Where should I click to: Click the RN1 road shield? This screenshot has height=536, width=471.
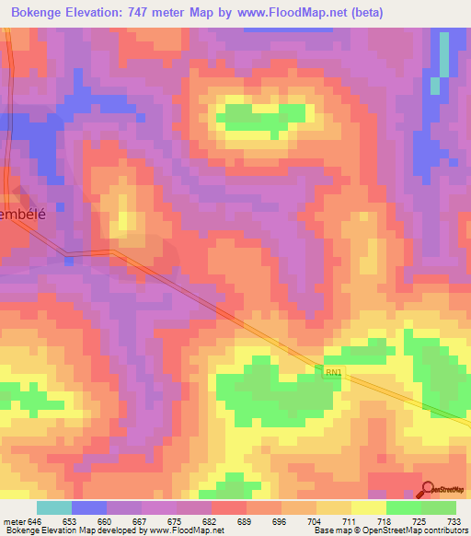pos(332,372)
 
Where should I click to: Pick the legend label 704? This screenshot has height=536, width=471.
pos(316,520)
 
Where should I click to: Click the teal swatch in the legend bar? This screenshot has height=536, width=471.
pos(54,507)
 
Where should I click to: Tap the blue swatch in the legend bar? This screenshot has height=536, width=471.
pos(89,507)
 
